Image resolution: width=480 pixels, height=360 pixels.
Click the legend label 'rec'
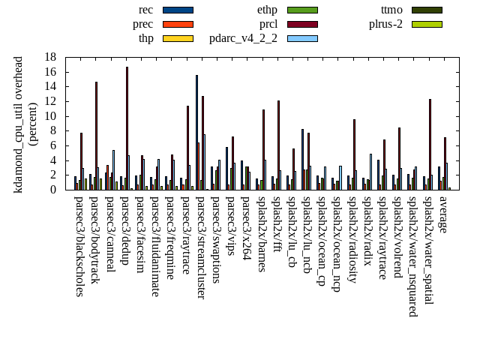pos(145,10)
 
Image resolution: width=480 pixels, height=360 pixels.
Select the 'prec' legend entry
pos(142,24)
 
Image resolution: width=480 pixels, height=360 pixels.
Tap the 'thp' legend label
pos(145,38)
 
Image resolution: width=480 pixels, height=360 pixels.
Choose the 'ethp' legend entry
pos(266,10)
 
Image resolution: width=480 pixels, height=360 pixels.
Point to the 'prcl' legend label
pos(268,24)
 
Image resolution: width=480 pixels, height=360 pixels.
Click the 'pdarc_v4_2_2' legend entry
pos(243,38)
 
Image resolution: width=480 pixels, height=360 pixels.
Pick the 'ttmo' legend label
pos(391,10)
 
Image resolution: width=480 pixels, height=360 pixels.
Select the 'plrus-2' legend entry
pos(385,24)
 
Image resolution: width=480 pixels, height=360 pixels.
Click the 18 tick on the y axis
pos(50,57)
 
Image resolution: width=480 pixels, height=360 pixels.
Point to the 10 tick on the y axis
pos(50,116)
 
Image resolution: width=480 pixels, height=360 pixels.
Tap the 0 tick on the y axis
pos(53,190)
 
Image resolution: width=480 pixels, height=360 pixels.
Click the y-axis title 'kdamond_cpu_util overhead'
pos(19,124)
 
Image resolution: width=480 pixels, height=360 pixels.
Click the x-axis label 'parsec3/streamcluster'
pos(200,247)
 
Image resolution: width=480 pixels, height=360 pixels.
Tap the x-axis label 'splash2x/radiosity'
pos(352,241)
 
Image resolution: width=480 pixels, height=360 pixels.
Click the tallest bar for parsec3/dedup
pos(127,128)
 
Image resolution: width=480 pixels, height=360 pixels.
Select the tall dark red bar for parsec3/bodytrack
pos(96,136)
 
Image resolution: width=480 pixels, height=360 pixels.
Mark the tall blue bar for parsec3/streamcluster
pos(196,132)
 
